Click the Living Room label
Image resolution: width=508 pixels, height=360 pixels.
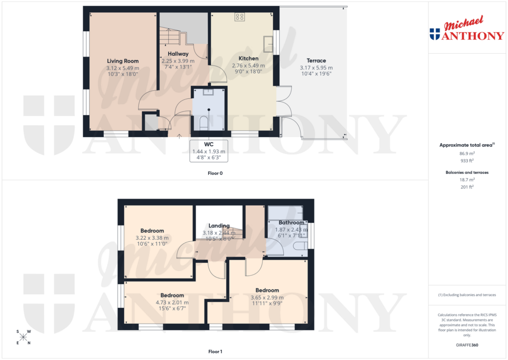[x=123, y=61]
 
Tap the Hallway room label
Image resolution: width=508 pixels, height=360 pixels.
[x=178, y=54]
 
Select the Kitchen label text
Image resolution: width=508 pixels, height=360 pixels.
[x=249, y=59]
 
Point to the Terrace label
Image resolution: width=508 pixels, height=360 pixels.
[x=316, y=61]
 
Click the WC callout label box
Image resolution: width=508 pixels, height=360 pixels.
[x=209, y=151]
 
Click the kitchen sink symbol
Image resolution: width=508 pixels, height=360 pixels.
[x=268, y=44]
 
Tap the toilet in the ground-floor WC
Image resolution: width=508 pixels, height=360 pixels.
[x=203, y=122]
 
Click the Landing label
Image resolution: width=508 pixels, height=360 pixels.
[x=219, y=225]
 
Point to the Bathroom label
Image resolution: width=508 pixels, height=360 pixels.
[x=291, y=222]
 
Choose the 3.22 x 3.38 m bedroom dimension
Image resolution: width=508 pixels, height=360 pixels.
[x=152, y=238]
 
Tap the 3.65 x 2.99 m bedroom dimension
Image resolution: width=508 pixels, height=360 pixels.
[x=267, y=297]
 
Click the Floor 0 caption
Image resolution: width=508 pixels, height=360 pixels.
[x=215, y=174]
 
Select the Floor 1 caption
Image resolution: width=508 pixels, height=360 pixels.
[x=215, y=352]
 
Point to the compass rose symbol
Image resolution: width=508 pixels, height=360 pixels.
[x=23, y=337]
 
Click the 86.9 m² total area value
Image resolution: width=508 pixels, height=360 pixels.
[x=467, y=154]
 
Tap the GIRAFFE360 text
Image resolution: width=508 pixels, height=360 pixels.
[x=467, y=345]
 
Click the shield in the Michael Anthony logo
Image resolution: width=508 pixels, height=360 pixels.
[x=435, y=34]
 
